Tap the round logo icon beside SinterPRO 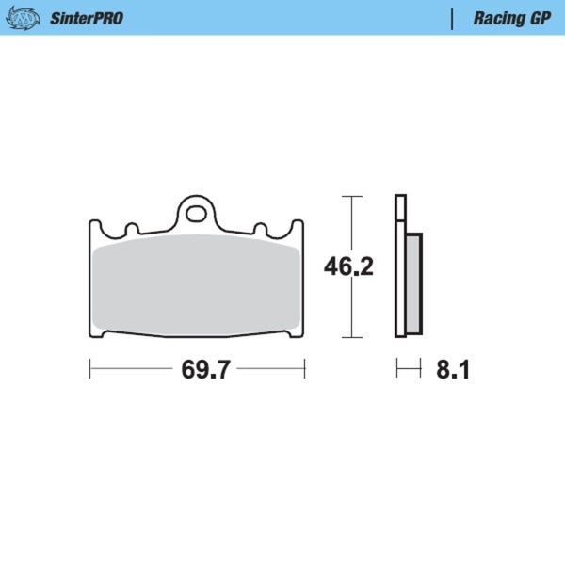(29, 18)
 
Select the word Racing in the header (492, 18)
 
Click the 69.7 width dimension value (205, 370)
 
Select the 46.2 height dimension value (349, 267)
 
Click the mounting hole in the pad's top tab (196, 213)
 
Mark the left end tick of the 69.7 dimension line (89, 369)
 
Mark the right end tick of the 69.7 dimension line (304, 369)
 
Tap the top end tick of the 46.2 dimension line (351, 196)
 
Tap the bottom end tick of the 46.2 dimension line (351, 336)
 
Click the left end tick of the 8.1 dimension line (396, 369)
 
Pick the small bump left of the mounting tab (132, 229)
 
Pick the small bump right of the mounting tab (261, 229)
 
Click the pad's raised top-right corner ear (299, 227)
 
